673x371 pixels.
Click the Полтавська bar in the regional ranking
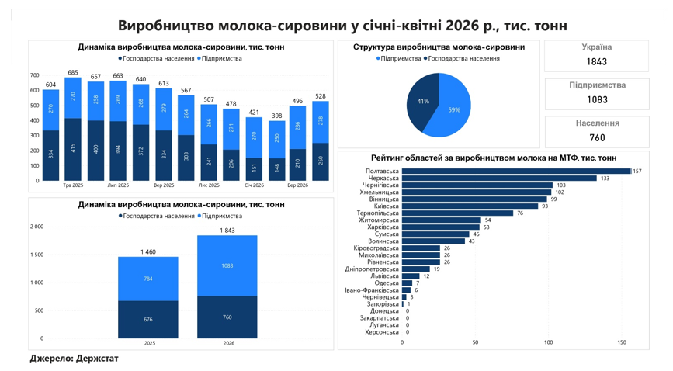click(x=516, y=172)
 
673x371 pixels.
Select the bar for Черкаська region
click(x=499, y=179)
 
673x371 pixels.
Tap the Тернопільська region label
click(x=378, y=213)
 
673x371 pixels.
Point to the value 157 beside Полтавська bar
click(x=637, y=172)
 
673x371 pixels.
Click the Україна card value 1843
click(x=597, y=62)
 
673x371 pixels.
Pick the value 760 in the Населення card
click(x=597, y=138)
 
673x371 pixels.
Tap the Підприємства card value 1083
click(x=597, y=100)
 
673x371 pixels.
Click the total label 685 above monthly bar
click(x=73, y=72)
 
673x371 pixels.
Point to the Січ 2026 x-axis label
click(x=254, y=185)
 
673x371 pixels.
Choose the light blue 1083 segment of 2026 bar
click(x=227, y=265)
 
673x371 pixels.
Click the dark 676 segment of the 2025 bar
click(x=148, y=320)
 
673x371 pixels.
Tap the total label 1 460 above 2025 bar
click(x=148, y=252)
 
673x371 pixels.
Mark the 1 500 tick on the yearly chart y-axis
click(x=37, y=255)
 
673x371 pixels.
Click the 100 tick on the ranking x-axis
click(x=549, y=342)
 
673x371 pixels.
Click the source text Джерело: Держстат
click(x=74, y=358)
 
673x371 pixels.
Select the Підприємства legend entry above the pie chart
click(x=398, y=58)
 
